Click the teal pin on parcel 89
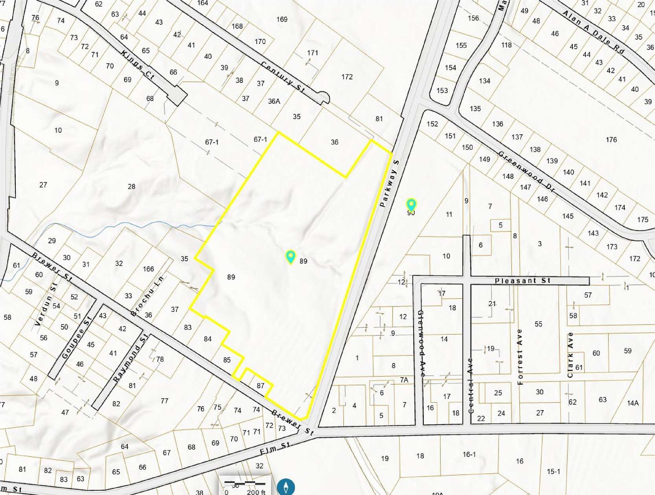tap(291, 257)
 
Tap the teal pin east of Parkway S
tap(411, 205)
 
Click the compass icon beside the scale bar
tap(286, 487)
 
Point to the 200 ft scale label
tap(256, 492)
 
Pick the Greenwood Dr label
tap(527, 172)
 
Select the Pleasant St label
tap(523, 280)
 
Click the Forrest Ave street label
tap(520, 357)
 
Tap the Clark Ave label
tap(570, 355)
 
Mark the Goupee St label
tap(77, 337)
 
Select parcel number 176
tap(611, 139)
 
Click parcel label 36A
tap(274, 101)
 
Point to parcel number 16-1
tap(469, 454)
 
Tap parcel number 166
tap(148, 269)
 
